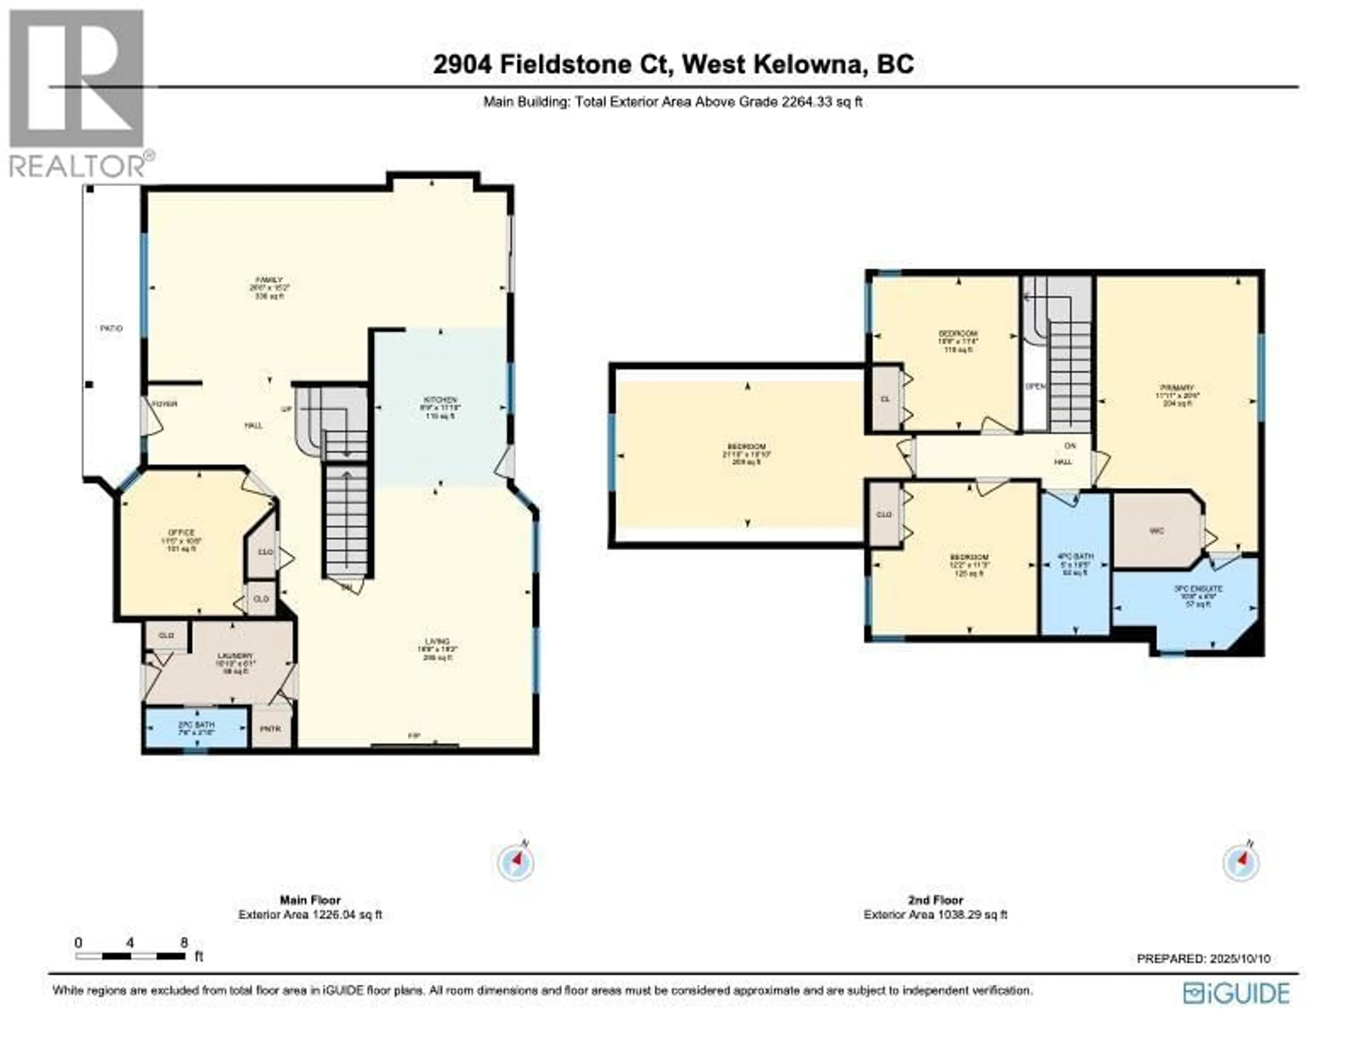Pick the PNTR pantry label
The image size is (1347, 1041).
(x=270, y=729)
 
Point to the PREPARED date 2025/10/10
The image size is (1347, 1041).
(x=1203, y=958)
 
